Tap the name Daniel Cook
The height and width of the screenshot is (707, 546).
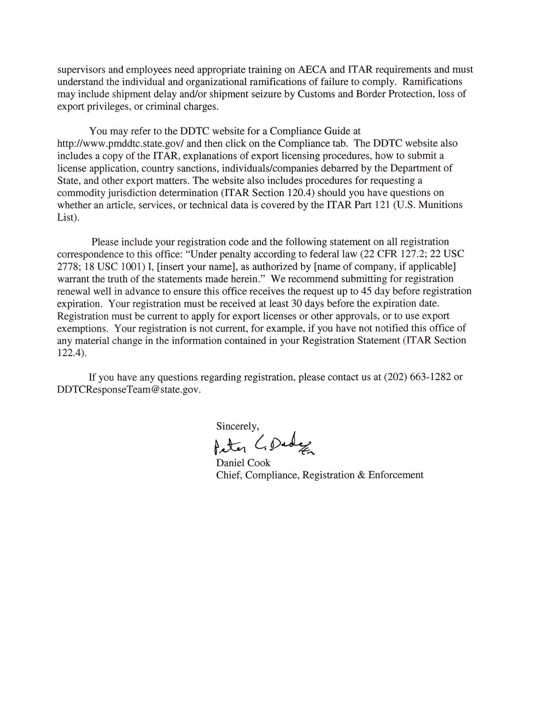coord(243,463)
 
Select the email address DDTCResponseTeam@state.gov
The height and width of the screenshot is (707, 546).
coord(129,389)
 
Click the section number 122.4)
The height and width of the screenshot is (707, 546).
coord(72,353)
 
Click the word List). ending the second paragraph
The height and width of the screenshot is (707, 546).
coord(68,217)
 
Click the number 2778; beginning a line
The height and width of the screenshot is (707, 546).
coord(69,267)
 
